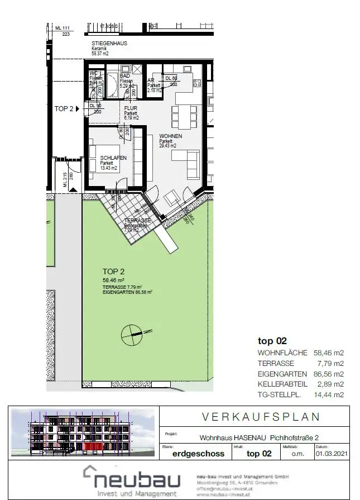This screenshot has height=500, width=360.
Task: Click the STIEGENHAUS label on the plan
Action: pyautogui.click(x=109, y=42)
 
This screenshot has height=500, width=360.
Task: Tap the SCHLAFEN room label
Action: pyautogui.click(x=113, y=158)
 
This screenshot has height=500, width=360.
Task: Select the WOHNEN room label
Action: pyautogui.click(x=171, y=136)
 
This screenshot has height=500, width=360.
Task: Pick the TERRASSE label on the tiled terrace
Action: pyautogui.click(x=138, y=221)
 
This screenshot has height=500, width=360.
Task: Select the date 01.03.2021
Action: pyautogui.click(x=330, y=454)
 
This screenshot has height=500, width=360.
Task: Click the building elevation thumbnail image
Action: pyautogui.click(x=84, y=432)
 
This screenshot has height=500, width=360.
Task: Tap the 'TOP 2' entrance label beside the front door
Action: pyautogui.click(x=64, y=108)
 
